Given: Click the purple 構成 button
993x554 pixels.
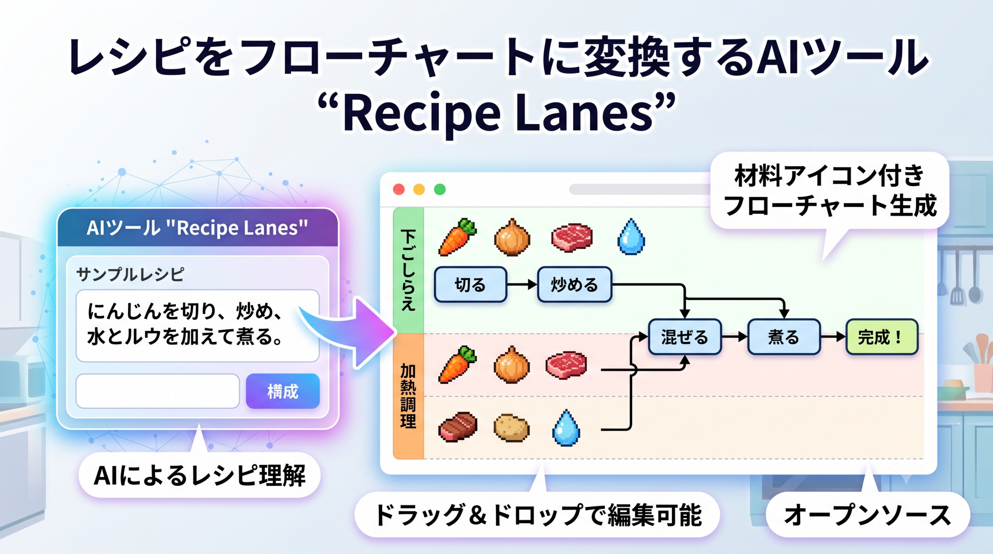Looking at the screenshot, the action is click(283, 391).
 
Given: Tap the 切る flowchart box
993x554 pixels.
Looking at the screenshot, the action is click(471, 285).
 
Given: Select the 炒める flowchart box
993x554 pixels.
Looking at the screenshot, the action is click(574, 285).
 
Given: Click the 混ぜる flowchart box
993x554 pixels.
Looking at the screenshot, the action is click(685, 337).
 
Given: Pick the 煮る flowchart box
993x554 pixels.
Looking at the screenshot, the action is click(784, 337).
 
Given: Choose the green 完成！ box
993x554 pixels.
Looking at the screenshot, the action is click(882, 337).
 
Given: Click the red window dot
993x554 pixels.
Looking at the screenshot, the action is click(399, 189).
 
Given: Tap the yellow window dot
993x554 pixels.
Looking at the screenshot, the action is click(419, 189).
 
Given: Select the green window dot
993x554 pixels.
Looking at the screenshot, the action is click(440, 189).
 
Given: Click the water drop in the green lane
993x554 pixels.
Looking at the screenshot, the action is click(631, 236).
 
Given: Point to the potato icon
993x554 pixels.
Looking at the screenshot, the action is click(512, 428).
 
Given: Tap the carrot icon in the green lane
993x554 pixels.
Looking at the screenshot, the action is click(457, 237).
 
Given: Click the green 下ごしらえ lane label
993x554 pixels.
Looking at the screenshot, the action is click(408, 270).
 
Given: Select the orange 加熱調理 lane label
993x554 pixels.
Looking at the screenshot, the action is click(408, 396).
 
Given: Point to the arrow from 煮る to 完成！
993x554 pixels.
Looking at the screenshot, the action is click(833, 337).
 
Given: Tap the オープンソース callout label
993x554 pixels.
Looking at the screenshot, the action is click(868, 515).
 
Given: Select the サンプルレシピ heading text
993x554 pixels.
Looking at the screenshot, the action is click(130, 274).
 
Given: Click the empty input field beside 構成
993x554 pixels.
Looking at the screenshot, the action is click(157, 391).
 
